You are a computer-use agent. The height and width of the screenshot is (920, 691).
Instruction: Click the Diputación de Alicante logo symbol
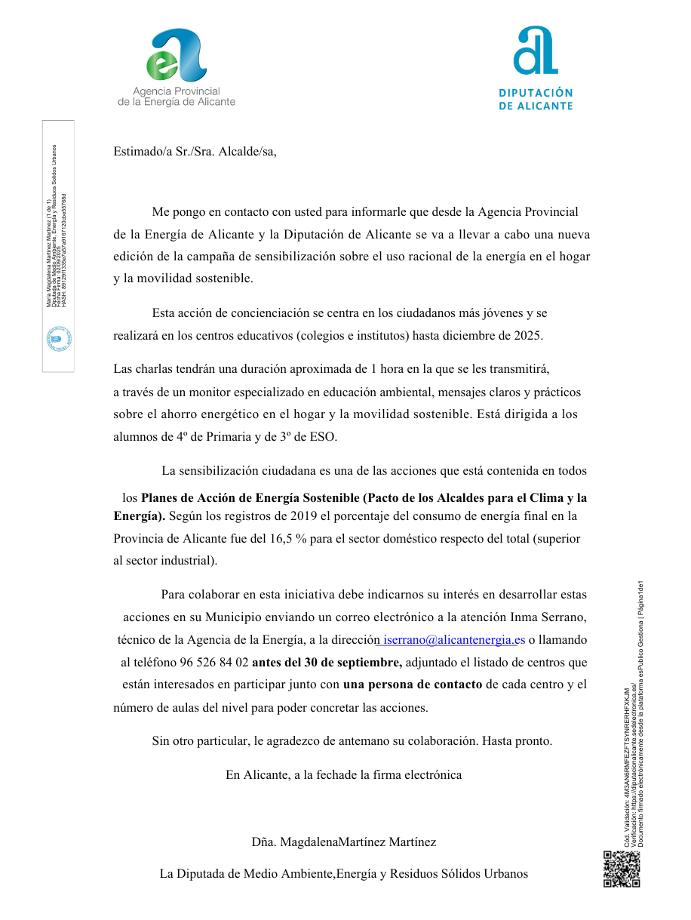[x=536, y=51]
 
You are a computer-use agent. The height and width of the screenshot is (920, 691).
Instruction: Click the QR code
[x=622, y=868]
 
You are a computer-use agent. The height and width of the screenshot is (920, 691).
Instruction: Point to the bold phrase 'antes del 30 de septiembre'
[x=327, y=663]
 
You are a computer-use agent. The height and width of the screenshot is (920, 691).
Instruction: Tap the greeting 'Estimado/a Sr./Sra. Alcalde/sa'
[x=195, y=151]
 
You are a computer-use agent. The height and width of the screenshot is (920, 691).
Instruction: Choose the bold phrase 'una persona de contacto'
[x=413, y=685]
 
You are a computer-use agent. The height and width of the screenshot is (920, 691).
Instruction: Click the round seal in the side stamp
[x=59, y=339]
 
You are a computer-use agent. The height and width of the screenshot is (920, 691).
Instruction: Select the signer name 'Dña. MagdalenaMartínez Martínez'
[x=343, y=842]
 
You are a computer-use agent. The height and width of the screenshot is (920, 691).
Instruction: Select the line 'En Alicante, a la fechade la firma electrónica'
[x=343, y=774]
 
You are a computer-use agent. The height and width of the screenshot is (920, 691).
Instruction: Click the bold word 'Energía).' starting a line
[x=140, y=516]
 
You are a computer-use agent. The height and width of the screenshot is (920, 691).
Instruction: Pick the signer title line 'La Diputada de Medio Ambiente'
[x=343, y=874]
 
